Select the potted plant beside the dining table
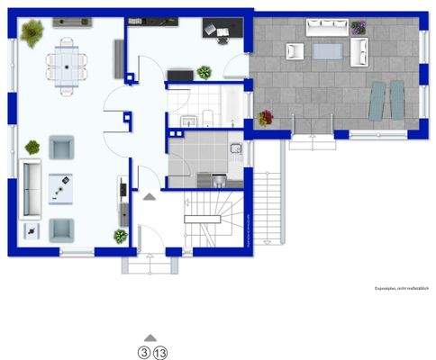[x=33, y=35]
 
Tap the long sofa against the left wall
[x=30, y=186]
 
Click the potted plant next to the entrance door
[x=120, y=236]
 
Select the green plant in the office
[x=204, y=72]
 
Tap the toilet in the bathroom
[x=207, y=115]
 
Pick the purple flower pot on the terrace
[x=359, y=29]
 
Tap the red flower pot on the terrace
[x=266, y=117]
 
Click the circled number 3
[x=142, y=352]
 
